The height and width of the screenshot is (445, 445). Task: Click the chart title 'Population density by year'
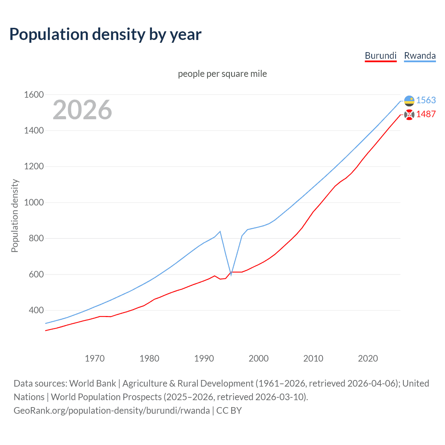[105, 34]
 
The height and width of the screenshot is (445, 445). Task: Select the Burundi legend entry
[381, 56]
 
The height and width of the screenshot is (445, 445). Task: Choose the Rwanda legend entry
[420, 56]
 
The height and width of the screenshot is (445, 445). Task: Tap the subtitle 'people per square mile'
[222, 74]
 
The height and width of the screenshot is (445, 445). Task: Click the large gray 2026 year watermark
[82, 110]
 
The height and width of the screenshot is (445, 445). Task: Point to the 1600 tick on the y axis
[34, 95]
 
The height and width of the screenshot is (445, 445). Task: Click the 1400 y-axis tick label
[34, 131]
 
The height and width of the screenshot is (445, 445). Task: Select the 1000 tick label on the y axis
[34, 202]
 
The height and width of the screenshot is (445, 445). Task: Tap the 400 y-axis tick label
[36, 310]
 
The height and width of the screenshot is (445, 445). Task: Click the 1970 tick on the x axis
[95, 358]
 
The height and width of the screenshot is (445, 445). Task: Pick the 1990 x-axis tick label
[204, 358]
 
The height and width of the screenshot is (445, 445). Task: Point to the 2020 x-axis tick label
[368, 358]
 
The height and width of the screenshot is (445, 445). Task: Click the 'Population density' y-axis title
[15, 216]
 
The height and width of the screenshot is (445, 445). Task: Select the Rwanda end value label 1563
[426, 100]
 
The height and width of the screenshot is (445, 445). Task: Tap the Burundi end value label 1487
[426, 114]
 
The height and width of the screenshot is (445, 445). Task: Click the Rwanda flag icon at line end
[409, 101]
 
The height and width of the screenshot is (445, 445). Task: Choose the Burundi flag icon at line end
[409, 114]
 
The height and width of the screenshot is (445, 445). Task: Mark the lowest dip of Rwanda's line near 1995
[231, 275]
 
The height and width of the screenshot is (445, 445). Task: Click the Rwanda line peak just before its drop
[220, 231]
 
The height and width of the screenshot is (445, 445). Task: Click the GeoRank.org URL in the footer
[112, 410]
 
